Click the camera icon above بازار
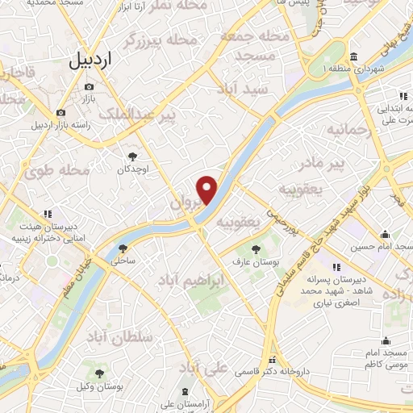coord(89,86)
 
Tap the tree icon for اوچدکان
coord(131,156)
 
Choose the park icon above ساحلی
coord(123,248)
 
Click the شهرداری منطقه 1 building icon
coord(355,58)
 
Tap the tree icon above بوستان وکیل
coord(99,373)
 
